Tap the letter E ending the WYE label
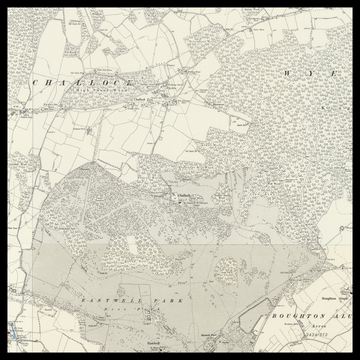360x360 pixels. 326,74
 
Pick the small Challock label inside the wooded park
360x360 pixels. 187,195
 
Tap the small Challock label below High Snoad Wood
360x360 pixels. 142,98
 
